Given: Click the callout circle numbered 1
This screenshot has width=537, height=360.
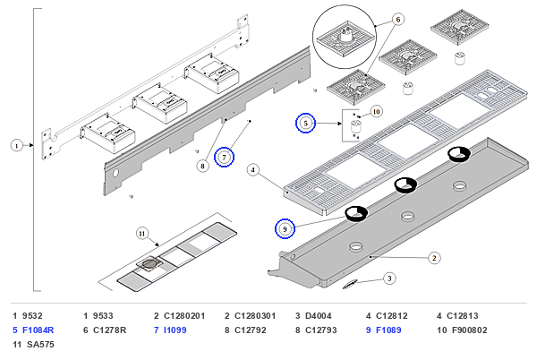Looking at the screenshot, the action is (16, 146).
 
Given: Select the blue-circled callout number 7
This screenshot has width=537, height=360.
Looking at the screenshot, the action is (224, 158).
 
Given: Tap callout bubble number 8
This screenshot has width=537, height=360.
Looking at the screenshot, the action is (203, 167).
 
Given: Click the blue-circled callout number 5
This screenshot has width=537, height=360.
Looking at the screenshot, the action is (305, 123).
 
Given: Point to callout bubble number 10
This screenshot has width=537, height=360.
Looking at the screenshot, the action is (376, 112).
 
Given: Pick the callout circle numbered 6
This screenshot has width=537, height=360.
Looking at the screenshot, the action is (398, 20).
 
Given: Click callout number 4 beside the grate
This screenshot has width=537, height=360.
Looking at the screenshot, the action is (252, 169).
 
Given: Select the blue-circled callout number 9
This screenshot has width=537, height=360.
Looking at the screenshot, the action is (285, 228).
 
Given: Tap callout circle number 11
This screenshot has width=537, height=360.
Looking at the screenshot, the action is (142, 234).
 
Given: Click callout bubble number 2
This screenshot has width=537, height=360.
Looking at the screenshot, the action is (434, 258).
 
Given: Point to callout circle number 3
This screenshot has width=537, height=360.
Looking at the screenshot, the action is (389, 279).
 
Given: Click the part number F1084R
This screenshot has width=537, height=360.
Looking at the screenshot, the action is (38, 330).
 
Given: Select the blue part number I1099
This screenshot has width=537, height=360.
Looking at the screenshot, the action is (175, 330).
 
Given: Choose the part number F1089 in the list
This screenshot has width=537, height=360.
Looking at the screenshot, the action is (388, 330).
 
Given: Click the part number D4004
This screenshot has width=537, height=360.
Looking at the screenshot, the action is (318, 316).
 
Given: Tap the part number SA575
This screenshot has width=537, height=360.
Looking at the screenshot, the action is (40, 345).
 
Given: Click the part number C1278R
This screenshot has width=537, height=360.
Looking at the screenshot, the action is (109, 330).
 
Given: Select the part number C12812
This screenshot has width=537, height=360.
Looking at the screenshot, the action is (392, 316).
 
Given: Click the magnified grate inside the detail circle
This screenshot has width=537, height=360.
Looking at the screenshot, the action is (345, 39).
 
